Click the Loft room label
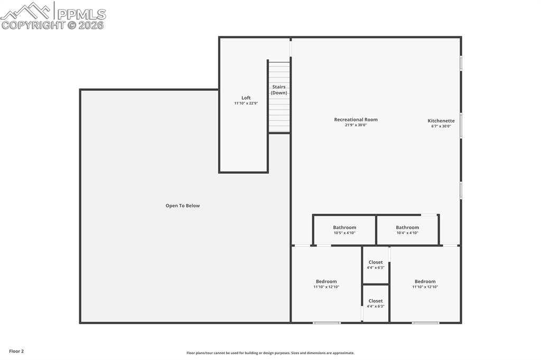click(246, 98)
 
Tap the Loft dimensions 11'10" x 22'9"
click(246, 103)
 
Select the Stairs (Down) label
click(279, 90)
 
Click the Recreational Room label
click(356, 119)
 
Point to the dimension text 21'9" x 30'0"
click(356, 125)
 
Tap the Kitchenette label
click(441, 121)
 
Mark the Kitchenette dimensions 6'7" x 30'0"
click(441, 126)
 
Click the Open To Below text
click(183, 206)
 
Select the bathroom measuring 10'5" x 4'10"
click(344, 230)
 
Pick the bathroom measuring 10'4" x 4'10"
click(407, 230)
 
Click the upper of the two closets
click(376, 264)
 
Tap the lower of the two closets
click(376, 304)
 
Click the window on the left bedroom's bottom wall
click(327, 323)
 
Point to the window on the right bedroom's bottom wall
click(425, 323)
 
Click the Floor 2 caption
click(16, 351)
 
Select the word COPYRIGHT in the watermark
click(33, 25)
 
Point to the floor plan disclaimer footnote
click(270, 353)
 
